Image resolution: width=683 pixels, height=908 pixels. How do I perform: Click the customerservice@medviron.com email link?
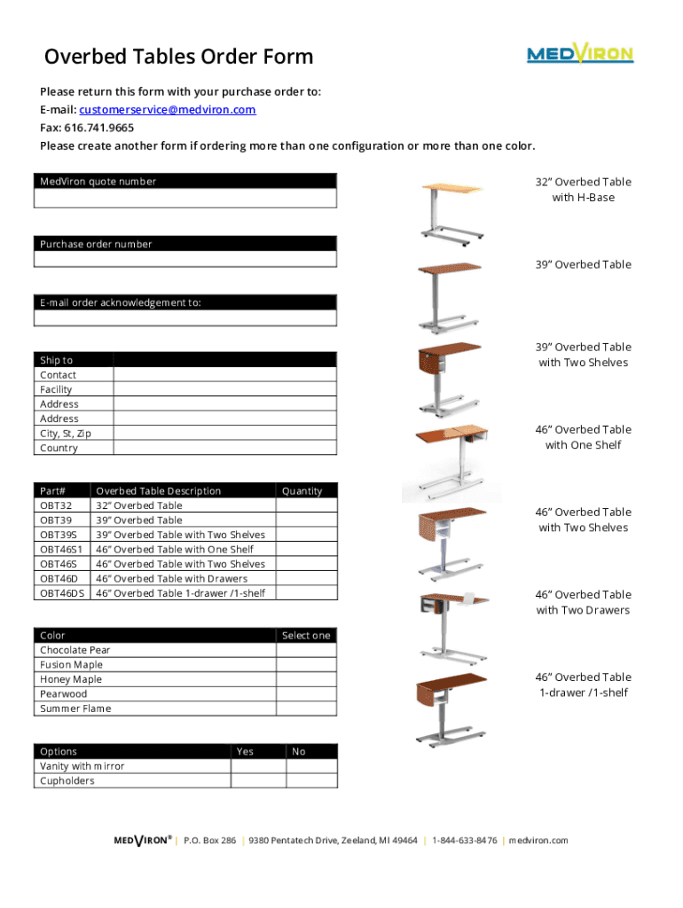(x=167, y=110)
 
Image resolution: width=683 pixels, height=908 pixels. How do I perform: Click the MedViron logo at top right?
(x=580, y=55)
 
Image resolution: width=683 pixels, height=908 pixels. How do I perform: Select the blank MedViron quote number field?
(x=185, y=198)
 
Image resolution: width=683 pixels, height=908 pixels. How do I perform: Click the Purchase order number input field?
(x=185, y=259)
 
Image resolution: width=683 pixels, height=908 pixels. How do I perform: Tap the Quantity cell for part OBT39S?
(x=306, y=535)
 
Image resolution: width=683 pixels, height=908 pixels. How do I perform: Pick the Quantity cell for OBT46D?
(x=306, y=579)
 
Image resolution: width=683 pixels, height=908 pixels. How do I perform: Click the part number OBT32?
(x=56, y=505)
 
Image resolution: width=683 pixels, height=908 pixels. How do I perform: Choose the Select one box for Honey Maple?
(x=306, y=679)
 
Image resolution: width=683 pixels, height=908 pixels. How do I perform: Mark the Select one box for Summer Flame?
(x=306, y=708)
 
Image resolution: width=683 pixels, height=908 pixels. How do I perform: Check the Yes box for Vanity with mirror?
(x=258, y=766)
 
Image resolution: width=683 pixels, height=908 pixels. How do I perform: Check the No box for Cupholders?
(x=311, y=781)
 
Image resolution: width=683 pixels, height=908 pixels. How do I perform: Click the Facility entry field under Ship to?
(x=225, y=389)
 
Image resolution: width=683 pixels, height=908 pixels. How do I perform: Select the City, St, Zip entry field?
(x=225, y=434)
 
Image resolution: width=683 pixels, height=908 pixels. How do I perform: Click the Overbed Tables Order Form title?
(x=179, y=58)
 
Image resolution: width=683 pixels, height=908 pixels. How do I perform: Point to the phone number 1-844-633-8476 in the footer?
(x=464, y=841)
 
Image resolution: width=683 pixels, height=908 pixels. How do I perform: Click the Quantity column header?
(x=302, y=491)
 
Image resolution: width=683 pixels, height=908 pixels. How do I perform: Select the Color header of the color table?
(x=52, y=636)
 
